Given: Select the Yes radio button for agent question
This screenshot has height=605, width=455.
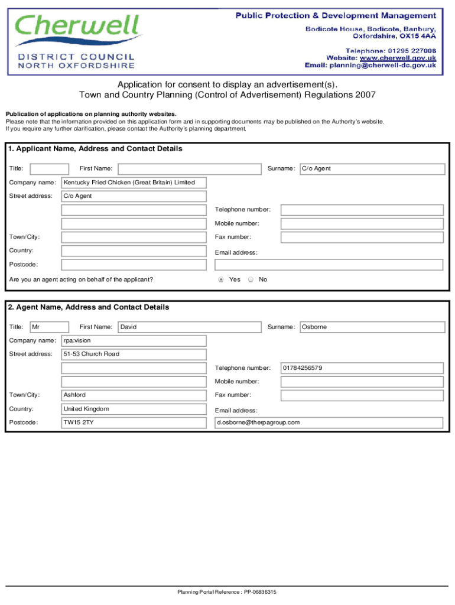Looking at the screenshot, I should [x=221, y=279].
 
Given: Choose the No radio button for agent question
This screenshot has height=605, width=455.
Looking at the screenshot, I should [x=251, y=279].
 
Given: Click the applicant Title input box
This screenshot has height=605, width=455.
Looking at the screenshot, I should [x=49, y=169].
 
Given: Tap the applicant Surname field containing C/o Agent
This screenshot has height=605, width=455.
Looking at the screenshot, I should [x=372, y=169].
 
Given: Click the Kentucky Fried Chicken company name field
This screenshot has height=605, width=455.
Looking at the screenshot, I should [x=134, y=183].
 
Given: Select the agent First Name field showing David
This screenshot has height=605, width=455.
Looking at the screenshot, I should [x=190, y=327].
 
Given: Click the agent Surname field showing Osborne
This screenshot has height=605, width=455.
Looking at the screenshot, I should [x=372, y=327].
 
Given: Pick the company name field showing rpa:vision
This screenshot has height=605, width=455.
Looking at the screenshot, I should [x=134, y=341].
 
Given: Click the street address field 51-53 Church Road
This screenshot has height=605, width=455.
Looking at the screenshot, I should [x=134, y=354].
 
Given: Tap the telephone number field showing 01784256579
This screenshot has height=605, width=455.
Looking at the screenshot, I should [x=362, y=368].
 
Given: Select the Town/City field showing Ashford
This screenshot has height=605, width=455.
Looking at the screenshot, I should [x=134, y=395].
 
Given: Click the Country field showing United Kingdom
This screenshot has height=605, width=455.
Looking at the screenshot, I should [x=134, y=409].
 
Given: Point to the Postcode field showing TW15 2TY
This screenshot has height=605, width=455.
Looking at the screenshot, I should [x=134, y=423].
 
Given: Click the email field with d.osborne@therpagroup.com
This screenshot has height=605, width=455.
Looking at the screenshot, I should [x=329, y=423].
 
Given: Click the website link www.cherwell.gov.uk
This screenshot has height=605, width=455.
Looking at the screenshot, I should [x=398, y=58].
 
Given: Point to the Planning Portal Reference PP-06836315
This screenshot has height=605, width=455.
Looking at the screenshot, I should [x=227, y=592].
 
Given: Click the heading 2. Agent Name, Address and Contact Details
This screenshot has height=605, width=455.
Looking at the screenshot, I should [x=89, y=307].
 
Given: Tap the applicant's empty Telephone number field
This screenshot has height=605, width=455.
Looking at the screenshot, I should [x=362, y=210].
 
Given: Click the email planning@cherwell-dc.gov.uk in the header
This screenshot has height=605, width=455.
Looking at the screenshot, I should [x=383, y=66].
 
